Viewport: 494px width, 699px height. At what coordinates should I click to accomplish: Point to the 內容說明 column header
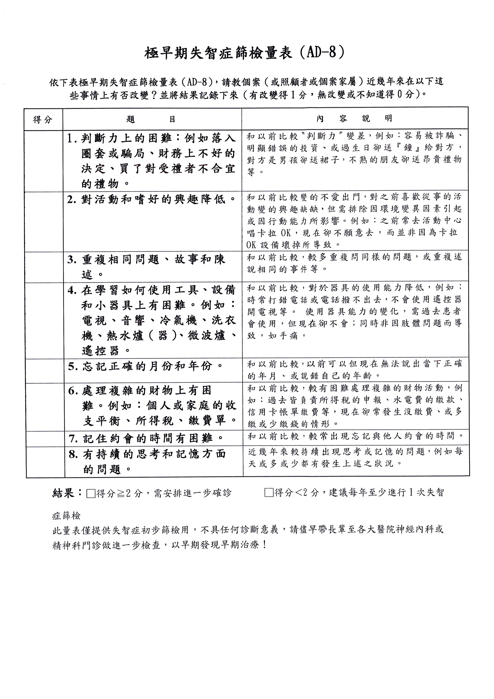(x=354, y=118)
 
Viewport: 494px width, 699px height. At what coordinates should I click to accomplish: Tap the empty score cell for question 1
(x=44, y=161)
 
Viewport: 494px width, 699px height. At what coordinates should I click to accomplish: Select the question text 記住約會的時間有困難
(x=148, y=439)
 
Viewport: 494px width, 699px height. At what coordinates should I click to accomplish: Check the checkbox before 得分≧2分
(x=91, y=493)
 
